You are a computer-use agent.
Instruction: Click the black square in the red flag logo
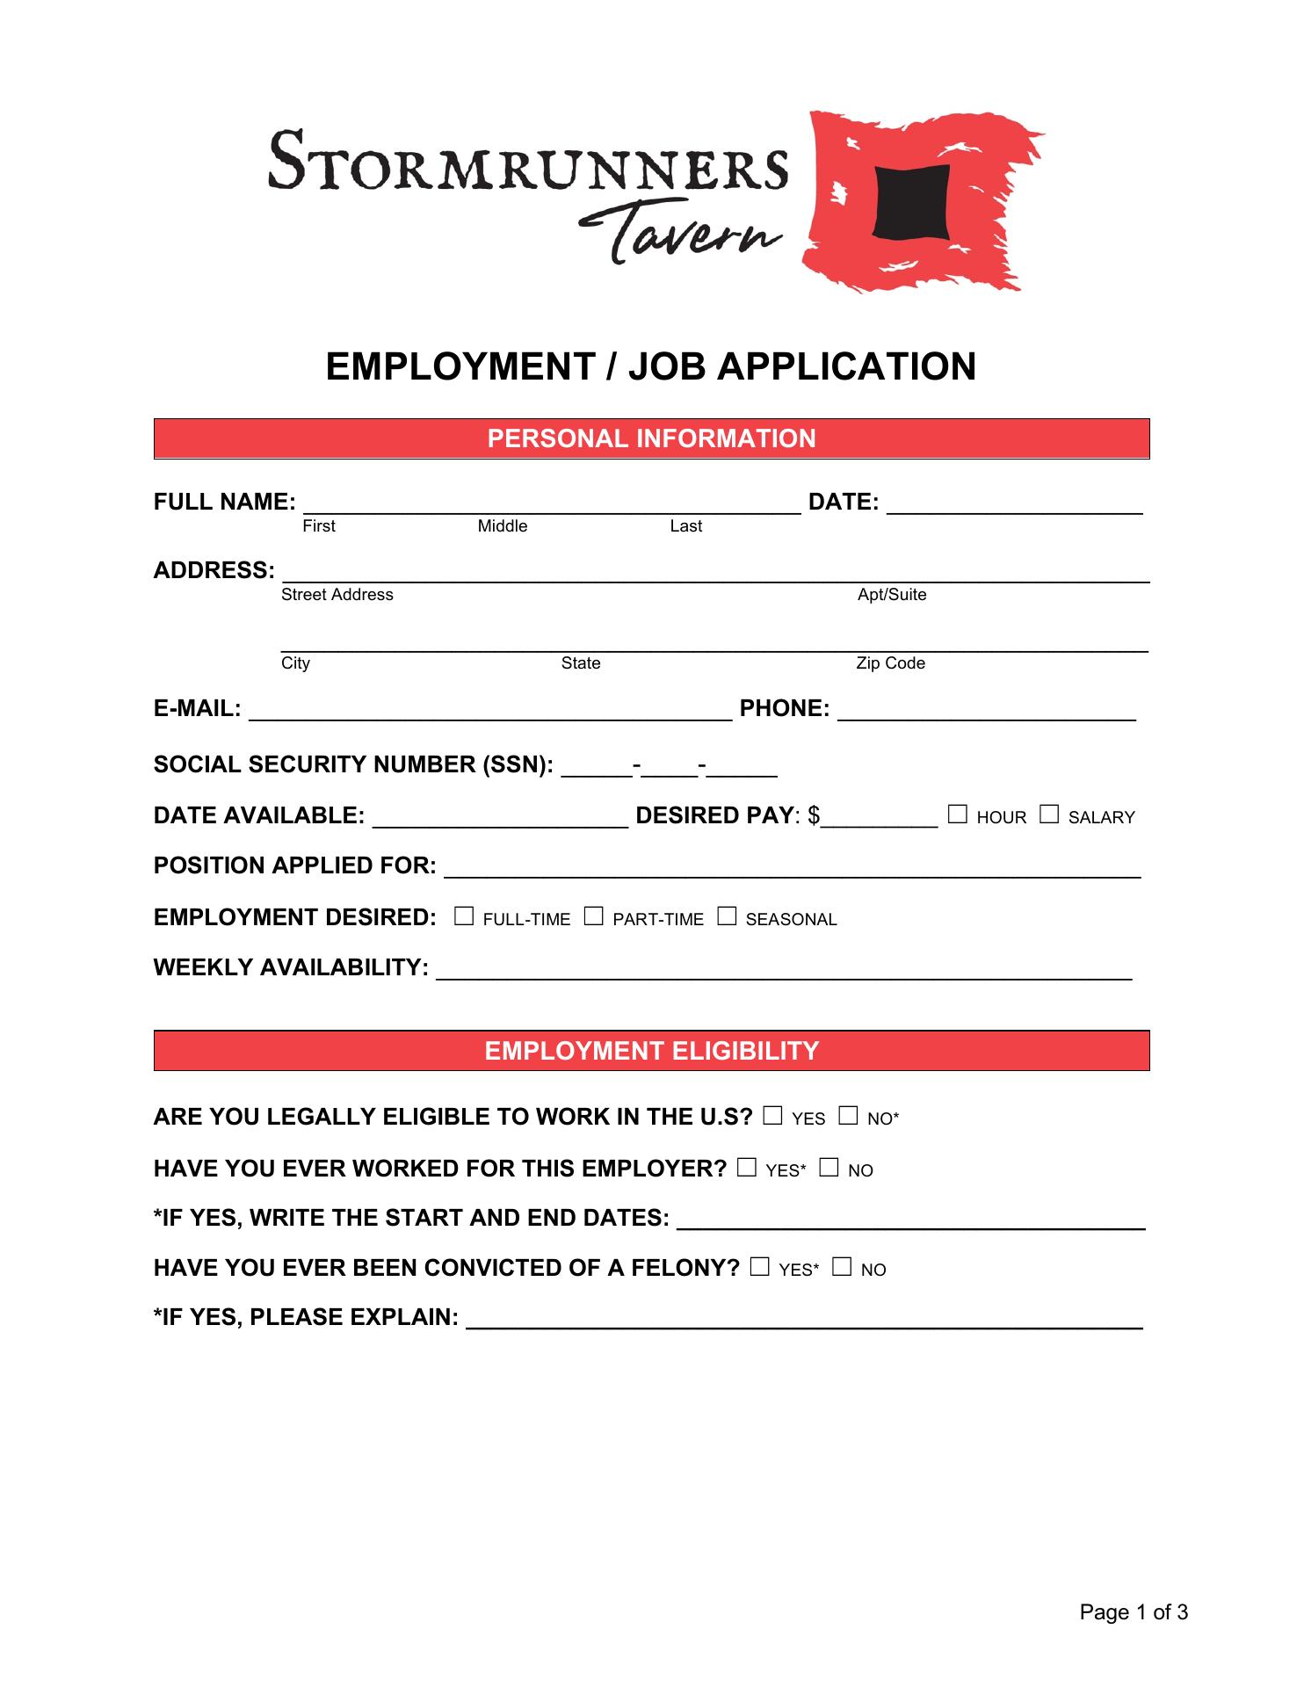pyautogui.click(x=911, y=202)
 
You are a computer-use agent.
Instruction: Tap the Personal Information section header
pyautogui.click(x=651, y=438)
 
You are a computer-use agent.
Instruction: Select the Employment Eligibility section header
pyautogui.click(x=651, y=1051)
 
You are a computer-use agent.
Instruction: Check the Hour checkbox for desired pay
pyautogui.click(x=958, y=815)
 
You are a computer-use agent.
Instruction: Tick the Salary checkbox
pyautogui.click(x=1049, y=815)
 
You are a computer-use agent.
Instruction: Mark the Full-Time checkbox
pyautogui.click(x=464, y=917)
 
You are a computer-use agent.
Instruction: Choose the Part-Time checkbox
pyautogui.click(x=594, y=917)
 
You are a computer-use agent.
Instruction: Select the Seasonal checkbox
pyautogui.click(x=727, y=917)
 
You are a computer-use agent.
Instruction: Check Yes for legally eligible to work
pyautogui.click(x=772, y=1117)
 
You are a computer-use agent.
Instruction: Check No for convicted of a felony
pyautogui.click(x=842, y=1268)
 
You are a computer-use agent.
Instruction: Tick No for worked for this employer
pyautogui.click(x=829, y=1169)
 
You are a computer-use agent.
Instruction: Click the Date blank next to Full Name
pyautogui.click(x=1014, y=505)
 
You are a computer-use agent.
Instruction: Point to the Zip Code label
pyautogui.click(x=890, y=663)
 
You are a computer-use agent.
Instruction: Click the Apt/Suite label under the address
pyautogui.click(x=892, y=595)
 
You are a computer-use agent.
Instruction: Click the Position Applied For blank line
pyautogui.click(x=792, y=869)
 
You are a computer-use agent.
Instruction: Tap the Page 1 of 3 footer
pyautogui.click(x=1134, y=1612)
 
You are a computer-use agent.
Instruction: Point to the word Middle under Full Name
pyautogui.click(x=503, y=526)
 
